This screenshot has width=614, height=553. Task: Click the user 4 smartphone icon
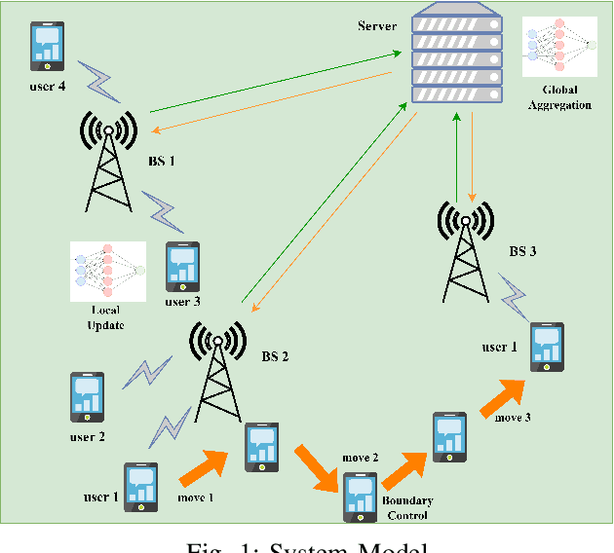click(48, 46)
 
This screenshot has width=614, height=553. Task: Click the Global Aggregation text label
click(558, 97)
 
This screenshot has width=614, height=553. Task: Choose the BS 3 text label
click(523, 250)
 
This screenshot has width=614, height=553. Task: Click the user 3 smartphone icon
click(182, 266)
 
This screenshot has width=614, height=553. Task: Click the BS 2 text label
click(276, 356)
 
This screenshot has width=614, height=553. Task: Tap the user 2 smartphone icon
click(88, 397)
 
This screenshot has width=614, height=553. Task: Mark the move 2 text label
click(360, 457)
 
